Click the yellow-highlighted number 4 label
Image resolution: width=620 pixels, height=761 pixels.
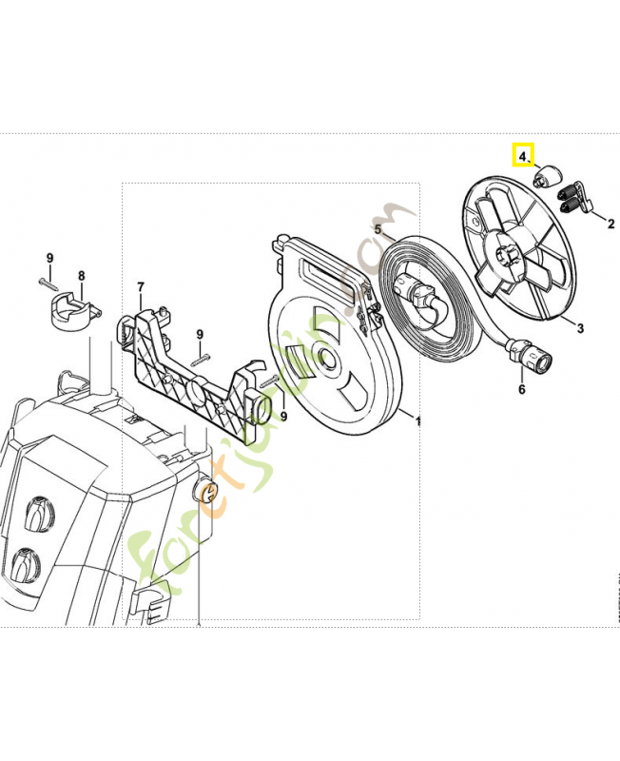[523, 154]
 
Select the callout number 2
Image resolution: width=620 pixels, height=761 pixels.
[610, 225]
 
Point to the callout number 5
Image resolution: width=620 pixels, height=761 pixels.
[378, 230]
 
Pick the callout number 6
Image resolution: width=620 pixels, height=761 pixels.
[521, 389]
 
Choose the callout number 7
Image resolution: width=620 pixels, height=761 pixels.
[140, 286]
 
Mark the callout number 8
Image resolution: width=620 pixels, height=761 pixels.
[81, 276]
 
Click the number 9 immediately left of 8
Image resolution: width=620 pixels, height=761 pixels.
[49, 258]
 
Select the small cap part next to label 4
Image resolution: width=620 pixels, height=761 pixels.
[548, 177]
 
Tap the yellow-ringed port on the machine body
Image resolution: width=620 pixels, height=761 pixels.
[210, 491]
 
